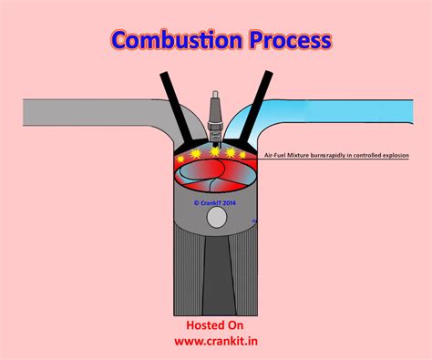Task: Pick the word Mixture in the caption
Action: (x=304, y=156)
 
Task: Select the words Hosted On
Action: (x=216, y=324)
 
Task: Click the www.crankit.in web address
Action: (x=216, y=343)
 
